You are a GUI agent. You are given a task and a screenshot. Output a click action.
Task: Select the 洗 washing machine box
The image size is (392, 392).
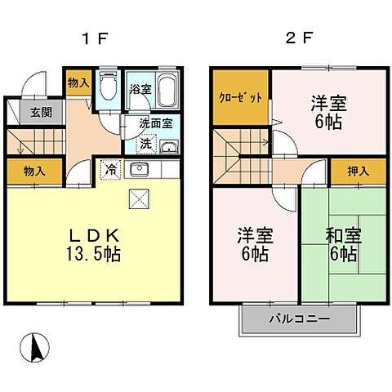[x=144, y=142]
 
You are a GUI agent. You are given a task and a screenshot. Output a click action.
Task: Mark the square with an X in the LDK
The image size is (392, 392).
[x=138, y=198]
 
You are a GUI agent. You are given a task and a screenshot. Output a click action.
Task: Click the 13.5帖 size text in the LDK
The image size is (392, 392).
[x=92, y=254]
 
